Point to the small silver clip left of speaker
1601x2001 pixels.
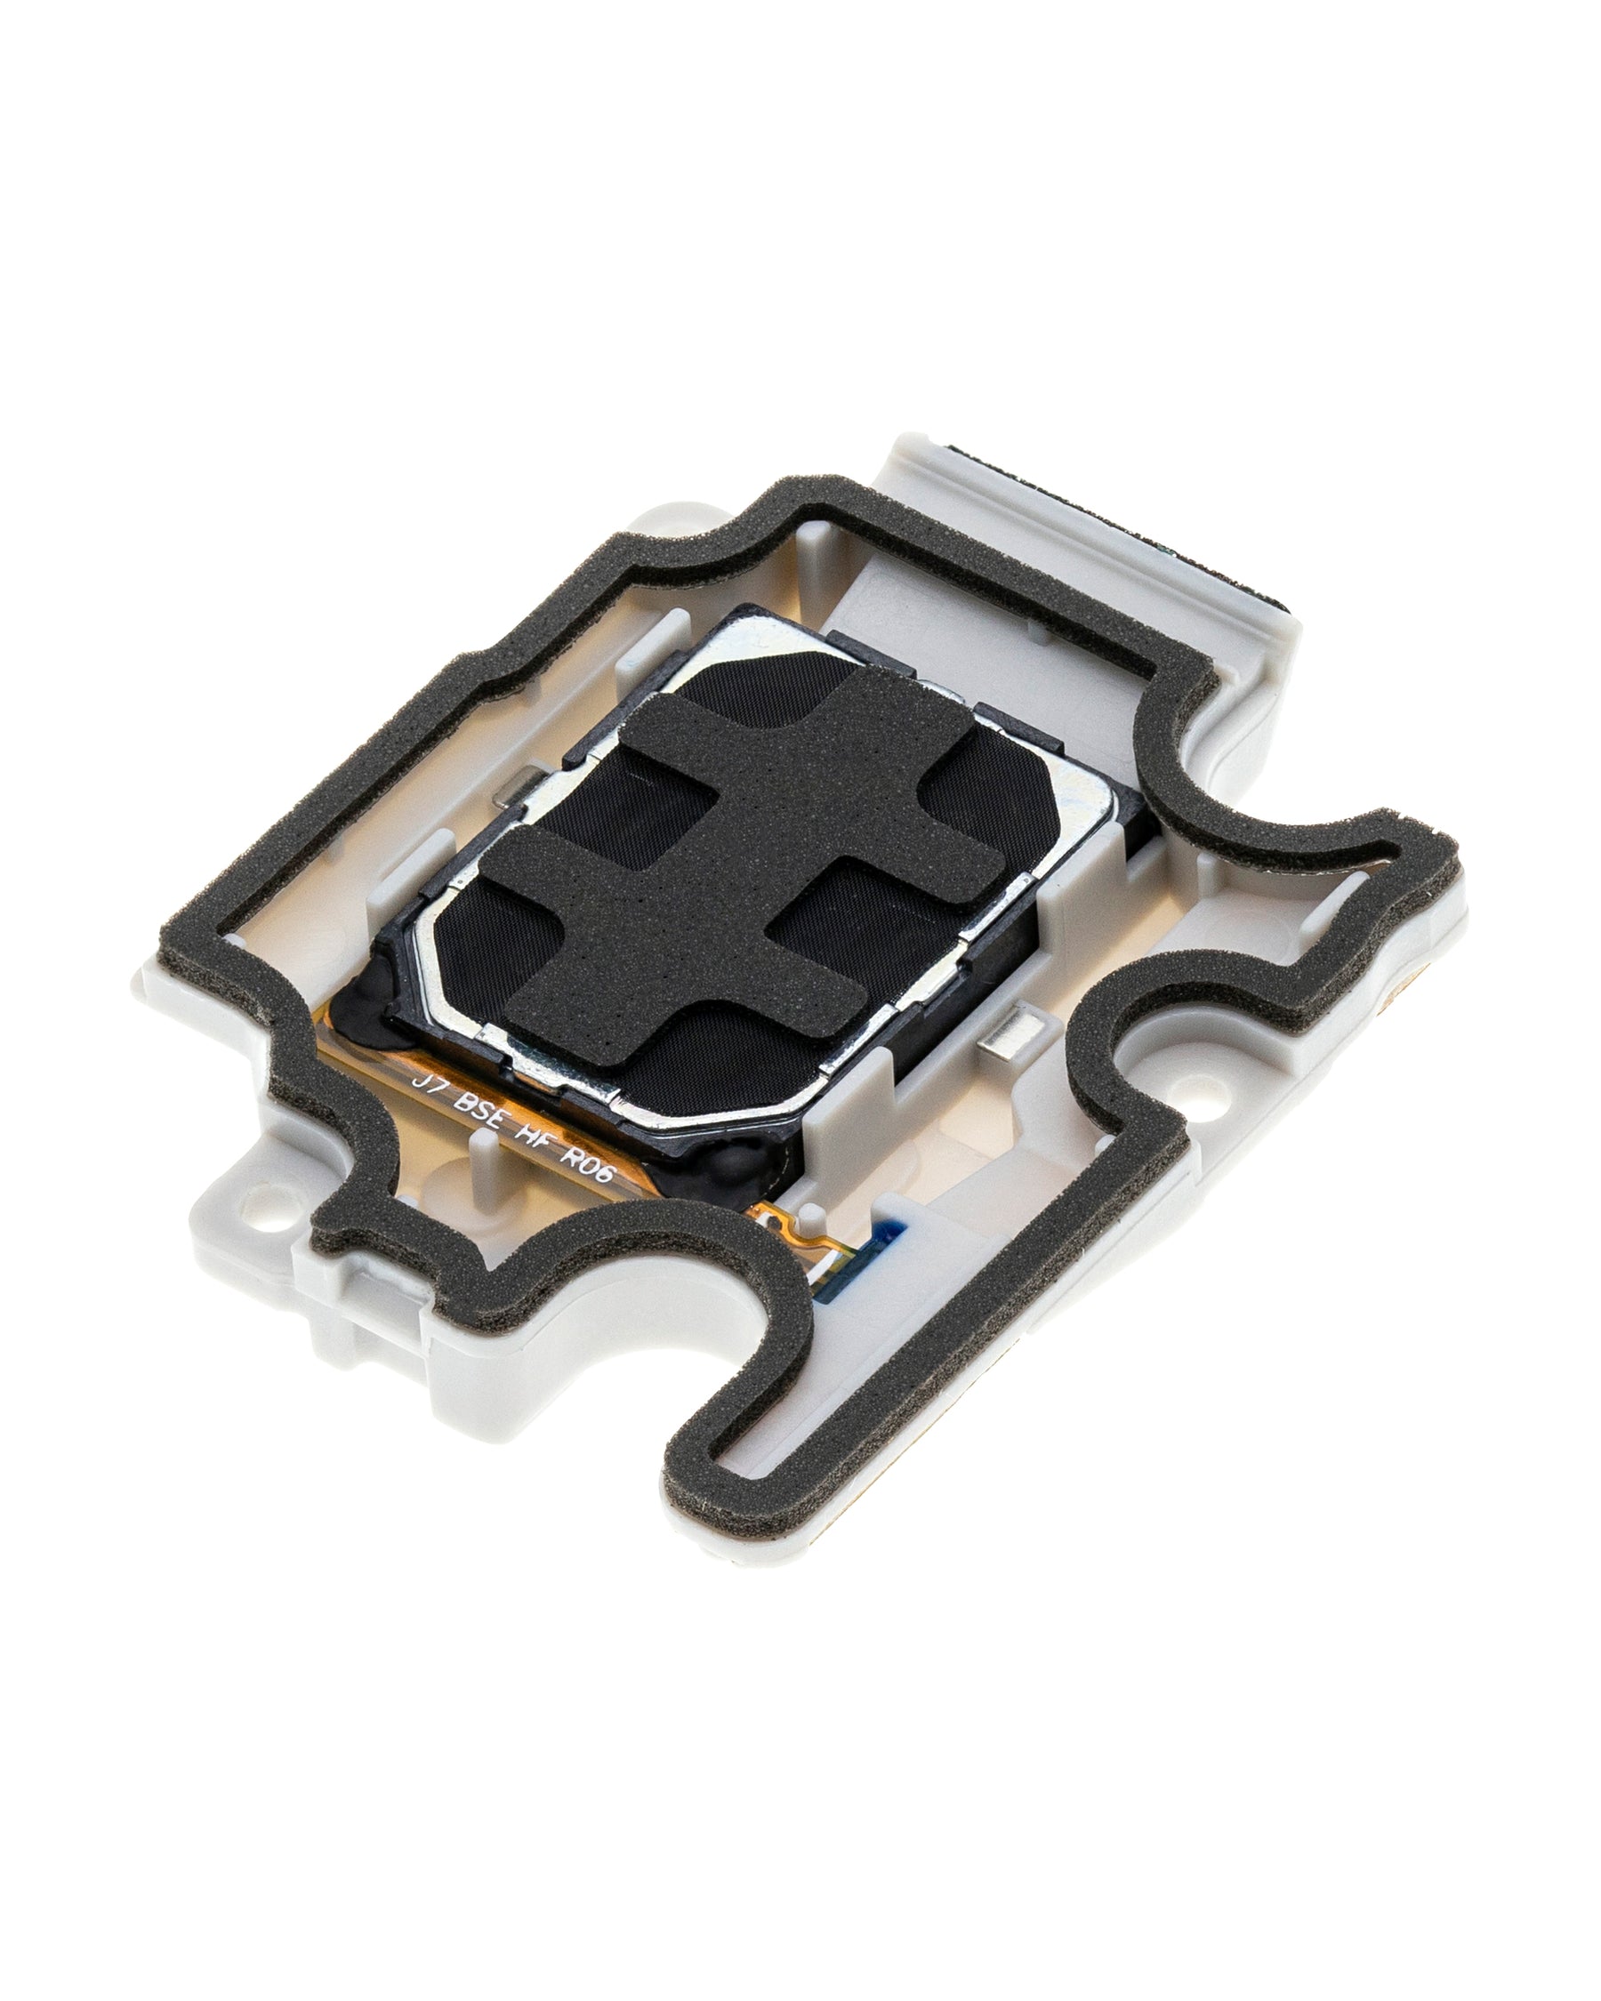coord(510,787)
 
